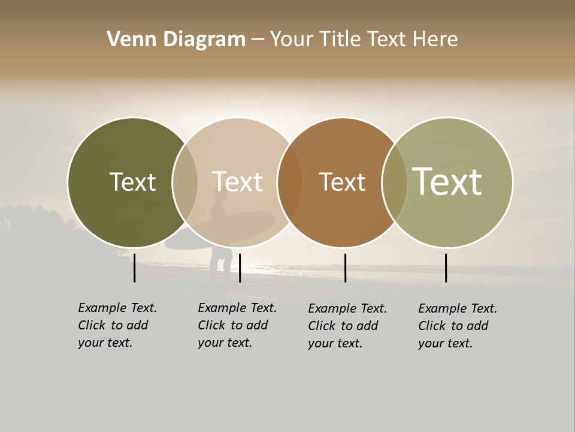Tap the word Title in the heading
click(x=340, y=40)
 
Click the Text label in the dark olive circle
click(x=132, y=182)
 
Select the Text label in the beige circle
click(x=237, y=182)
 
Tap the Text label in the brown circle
click(x=342, y=182)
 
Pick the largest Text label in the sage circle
click(x=447, y=182)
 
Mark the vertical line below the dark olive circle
click(x=134, y=268)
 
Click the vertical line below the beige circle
click(x=240, y=268)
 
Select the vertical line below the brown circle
click(x=345, y=268)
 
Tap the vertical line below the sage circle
click(x=446, y=268)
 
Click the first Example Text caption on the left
click(x=117, y=308)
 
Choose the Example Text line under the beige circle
click(x=237, y=308)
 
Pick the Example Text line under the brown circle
click(x=347, y=308)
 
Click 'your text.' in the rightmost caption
click(x=445, y=343)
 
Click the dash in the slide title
click(x=258, y=40)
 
